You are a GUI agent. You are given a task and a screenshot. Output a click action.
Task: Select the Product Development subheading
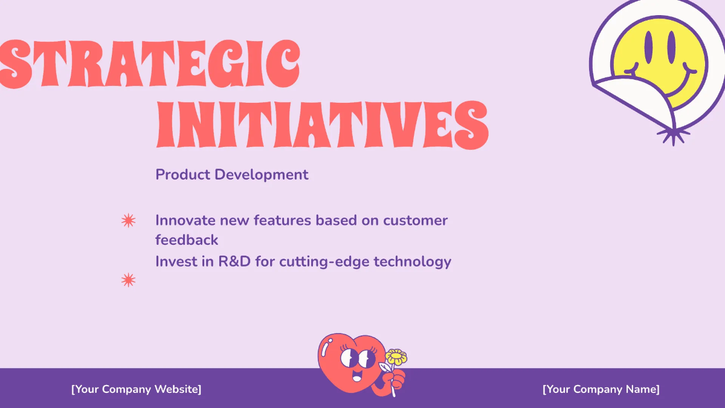pyautogui.click(x=232, y=175)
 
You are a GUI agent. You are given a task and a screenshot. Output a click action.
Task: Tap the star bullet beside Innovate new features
pyautogui.click(x=128, y=221)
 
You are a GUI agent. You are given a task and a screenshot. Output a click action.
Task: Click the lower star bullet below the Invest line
pyautogui.click(x=128, y=280)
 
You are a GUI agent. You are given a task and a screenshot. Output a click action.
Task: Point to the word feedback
pyautogui.click(x=187, y=241)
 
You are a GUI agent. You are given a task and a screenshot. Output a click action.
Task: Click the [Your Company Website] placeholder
pyautogui.click(x=136, y=389)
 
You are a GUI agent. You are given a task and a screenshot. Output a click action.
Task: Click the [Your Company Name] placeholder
pyautogui.click(x=601, y=389)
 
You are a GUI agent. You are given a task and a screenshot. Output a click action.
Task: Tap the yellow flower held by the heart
pyautogui.click(x=396, y=357)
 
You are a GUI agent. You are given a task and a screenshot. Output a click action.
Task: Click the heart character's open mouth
pyautogui.click(x=356, y=378)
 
